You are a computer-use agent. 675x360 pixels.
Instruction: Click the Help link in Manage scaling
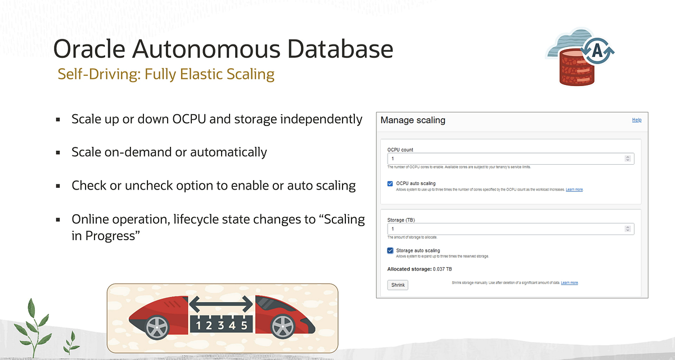click(x=637, y=120)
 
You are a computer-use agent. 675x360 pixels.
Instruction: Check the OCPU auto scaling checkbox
click(x=390, y=183)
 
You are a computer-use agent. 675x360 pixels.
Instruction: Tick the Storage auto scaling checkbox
click(x=390, y=250)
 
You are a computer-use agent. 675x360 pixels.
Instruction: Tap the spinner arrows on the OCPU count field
click(x=628, y=159)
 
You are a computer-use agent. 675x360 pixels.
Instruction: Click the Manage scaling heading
click(x=413, y=120)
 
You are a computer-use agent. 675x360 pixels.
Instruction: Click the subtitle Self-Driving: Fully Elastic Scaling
click(x=166, y=74)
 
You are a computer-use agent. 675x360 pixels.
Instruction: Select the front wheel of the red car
click(x=280, y=325)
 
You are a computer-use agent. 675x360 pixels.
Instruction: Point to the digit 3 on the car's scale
click(x=220, y=325)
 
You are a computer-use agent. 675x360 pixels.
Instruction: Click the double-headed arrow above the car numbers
click(x=220, y=304)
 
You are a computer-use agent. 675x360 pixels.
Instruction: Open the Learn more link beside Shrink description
click(x=569, y=282)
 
